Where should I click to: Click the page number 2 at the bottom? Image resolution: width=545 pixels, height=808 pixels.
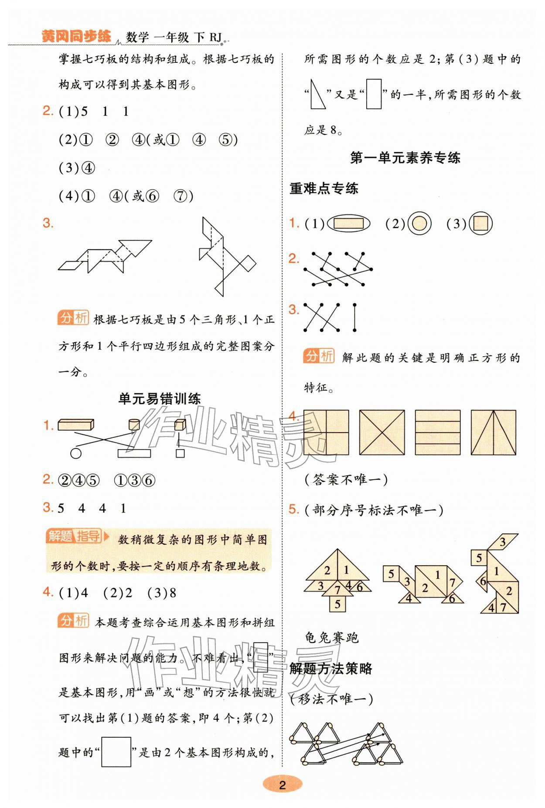point(282,785)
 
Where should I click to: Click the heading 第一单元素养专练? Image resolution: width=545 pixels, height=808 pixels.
point(405,158)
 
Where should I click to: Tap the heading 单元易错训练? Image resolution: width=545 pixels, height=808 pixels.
point(160,399)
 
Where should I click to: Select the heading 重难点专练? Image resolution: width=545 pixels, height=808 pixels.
point(324,189)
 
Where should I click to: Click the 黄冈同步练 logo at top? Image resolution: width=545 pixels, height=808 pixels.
point(76,36)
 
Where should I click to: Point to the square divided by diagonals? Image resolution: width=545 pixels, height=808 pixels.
point(381,432)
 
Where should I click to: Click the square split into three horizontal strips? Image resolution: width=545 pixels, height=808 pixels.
point(437,432)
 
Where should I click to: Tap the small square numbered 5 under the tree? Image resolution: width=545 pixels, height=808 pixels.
point(337,604)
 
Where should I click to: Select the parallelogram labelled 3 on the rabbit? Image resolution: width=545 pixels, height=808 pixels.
point(503,542)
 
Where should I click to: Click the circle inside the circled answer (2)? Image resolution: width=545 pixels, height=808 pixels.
point(419,223)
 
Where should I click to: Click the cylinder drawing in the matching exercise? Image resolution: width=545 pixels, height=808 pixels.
point(134,424)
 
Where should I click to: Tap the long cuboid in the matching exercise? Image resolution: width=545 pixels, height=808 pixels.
point(76,424)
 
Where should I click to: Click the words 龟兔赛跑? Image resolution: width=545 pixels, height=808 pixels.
point(331,638)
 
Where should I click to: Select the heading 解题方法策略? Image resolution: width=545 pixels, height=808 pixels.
point(331,668)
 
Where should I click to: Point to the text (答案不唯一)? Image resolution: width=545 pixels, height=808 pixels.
point(346,480)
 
